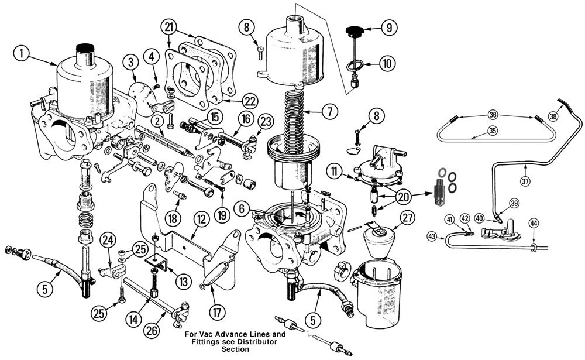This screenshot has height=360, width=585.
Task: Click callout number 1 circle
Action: point(22,54)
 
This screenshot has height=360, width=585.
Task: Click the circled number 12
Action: point(201,221)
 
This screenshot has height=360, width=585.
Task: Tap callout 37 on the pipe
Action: point(525,181)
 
